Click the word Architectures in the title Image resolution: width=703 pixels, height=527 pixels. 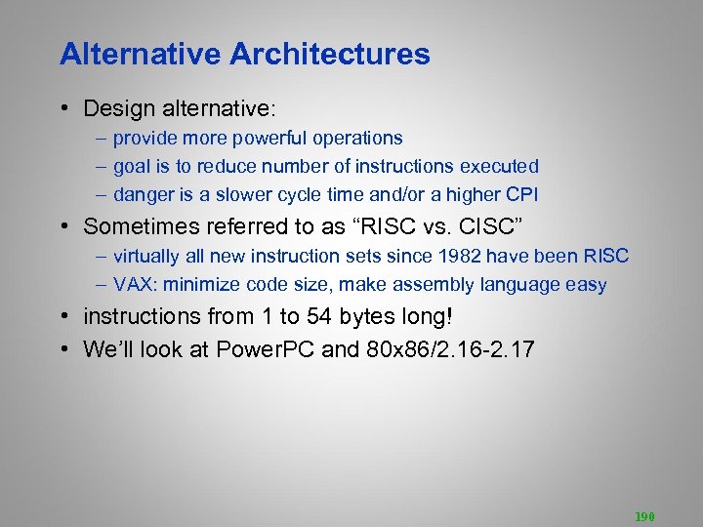(330, 54)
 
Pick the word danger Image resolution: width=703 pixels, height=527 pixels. (143, 195)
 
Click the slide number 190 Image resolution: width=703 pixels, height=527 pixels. (645, 515)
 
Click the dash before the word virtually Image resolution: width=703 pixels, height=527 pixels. (102, 257)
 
